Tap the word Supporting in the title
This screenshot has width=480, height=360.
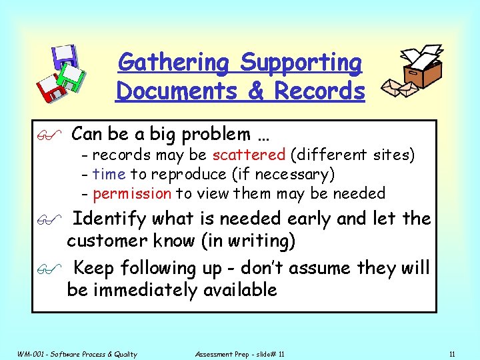click(x=301, y=63)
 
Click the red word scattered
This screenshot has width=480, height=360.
click(x=249, y=155)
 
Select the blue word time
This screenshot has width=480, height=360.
click(x=109, y=175)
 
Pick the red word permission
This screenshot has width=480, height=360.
click(x=132, y=194)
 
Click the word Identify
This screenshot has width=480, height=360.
click(x=110, y=219)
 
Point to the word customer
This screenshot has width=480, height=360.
click(x=110, y=241)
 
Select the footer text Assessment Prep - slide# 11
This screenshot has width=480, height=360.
click(x=239, y=354)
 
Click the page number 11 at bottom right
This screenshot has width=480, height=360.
click(x=452, y=354)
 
